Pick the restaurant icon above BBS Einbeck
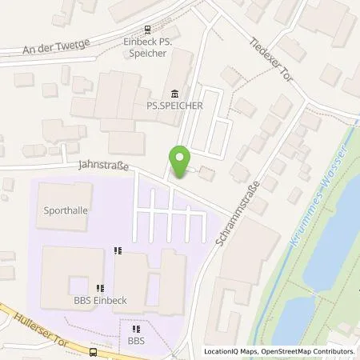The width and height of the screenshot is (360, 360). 100,289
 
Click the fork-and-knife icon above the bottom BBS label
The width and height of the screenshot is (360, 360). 134,327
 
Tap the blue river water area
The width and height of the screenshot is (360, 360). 328,264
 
